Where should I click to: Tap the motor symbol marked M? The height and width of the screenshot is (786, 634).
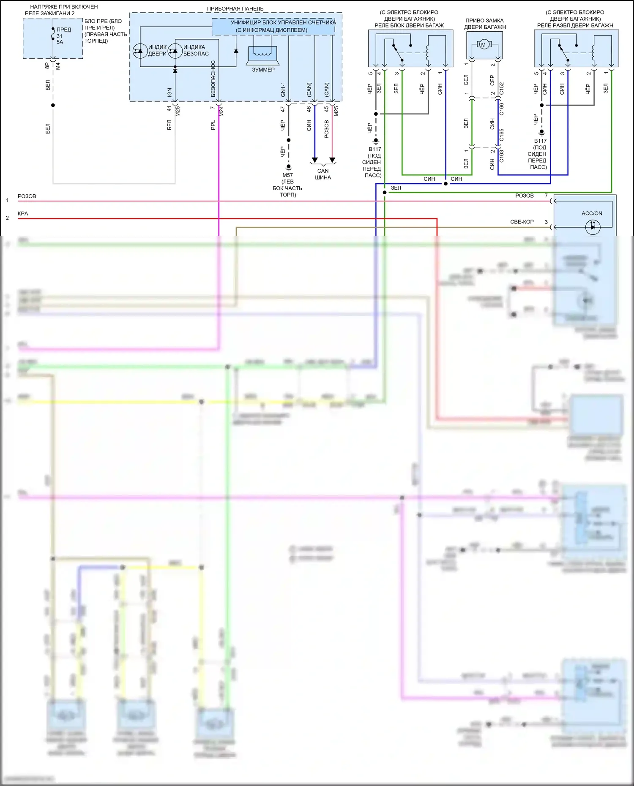[x=484, y=44]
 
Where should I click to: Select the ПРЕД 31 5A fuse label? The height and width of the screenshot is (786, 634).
[x=63, y=36]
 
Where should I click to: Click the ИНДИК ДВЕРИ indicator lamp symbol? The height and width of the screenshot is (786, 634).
[x=140, y=51]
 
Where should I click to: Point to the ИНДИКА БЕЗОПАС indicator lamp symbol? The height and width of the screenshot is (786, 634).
[x=175, y=51]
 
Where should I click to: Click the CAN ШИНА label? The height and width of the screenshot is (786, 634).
[x=323, y=174]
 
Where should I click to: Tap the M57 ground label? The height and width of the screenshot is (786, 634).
[x=287, y=175]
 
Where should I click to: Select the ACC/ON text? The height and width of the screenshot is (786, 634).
[x=592, y=213]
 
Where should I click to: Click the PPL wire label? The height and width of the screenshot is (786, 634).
[x=213, y=125]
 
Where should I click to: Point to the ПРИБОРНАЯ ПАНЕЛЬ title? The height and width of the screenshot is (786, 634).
[x=235, y=8]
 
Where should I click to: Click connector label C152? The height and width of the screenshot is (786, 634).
[x=502, y=88]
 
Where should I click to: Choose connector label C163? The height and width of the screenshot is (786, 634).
[x=502, y=156]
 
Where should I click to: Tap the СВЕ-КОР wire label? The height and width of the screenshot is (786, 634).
[x=522, y=222]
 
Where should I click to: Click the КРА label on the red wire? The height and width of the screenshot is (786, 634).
[x=23, y=214]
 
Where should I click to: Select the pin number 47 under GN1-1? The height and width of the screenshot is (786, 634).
[x=283, y=109]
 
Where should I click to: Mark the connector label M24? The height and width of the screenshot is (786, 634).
[x=221, y=111]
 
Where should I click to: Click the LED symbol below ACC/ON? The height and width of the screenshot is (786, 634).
[x=593, y=227]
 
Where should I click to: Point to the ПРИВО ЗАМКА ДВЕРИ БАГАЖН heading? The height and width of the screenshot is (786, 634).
[x=485, y=24]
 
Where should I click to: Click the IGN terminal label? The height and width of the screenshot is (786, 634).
[x=169, y=92]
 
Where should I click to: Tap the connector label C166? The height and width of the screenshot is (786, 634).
[x=502, y=109]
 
